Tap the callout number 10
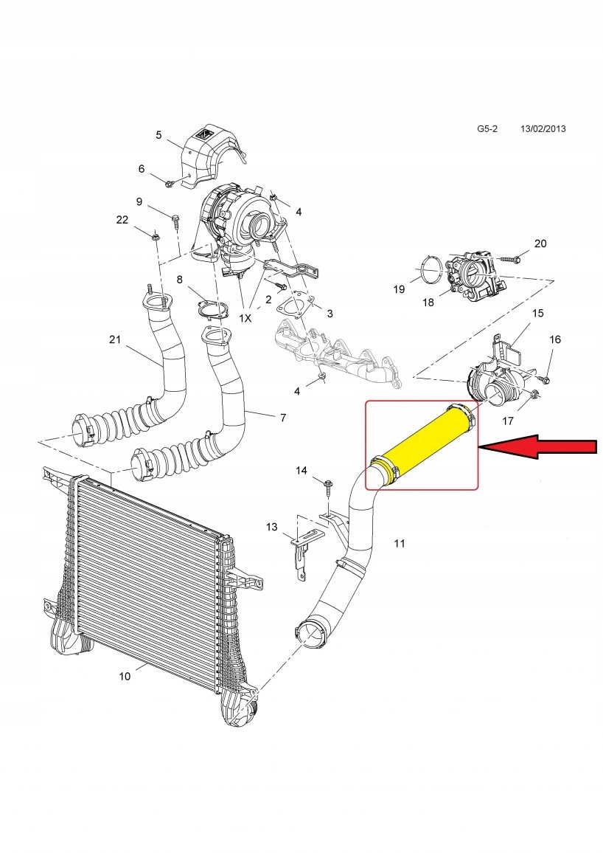click(x=125, y=676)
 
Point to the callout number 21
click(x=114, y=339)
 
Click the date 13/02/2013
click(x=545, y=128)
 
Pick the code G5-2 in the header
click(x=487, y=128)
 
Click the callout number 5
click(x=158, y=134)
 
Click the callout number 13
click(x=272, y=526)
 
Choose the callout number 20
click(x=540, y=244)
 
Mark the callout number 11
click(x=399, y=544)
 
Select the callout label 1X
click(x=245, y=318)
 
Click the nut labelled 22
click(x=156, y=236)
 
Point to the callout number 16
click(x=555, y=339)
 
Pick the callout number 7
click(x=282, y=418)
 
